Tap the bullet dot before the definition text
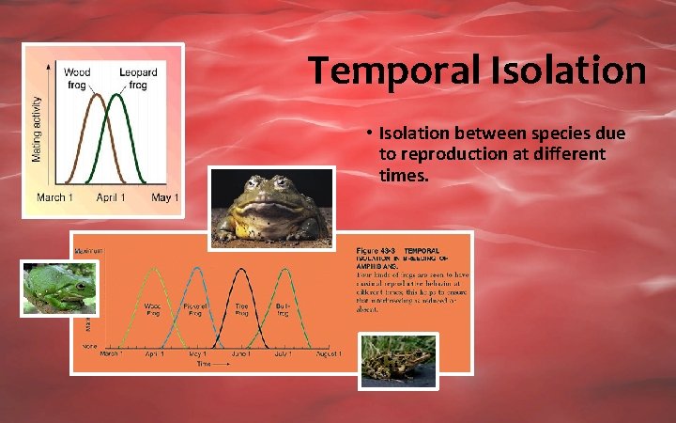pos(372,134)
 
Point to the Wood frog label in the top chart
pos(77,78)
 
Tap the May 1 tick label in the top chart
pos(164,197)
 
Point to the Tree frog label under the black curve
pos(241,308)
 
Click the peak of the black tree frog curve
pos(241,270)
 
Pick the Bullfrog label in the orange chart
pos(284,308)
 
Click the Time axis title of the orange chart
pos(201,362)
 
